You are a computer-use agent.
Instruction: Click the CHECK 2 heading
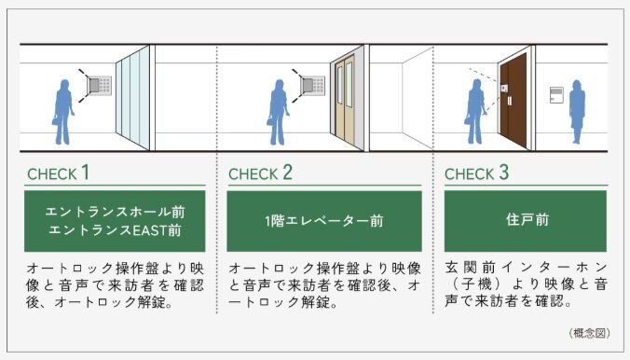click(260, 173)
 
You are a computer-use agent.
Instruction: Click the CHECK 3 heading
click(476, 173)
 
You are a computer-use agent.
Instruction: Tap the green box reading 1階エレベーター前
click(324, 221)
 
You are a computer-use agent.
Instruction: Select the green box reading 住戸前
click(525, 221)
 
